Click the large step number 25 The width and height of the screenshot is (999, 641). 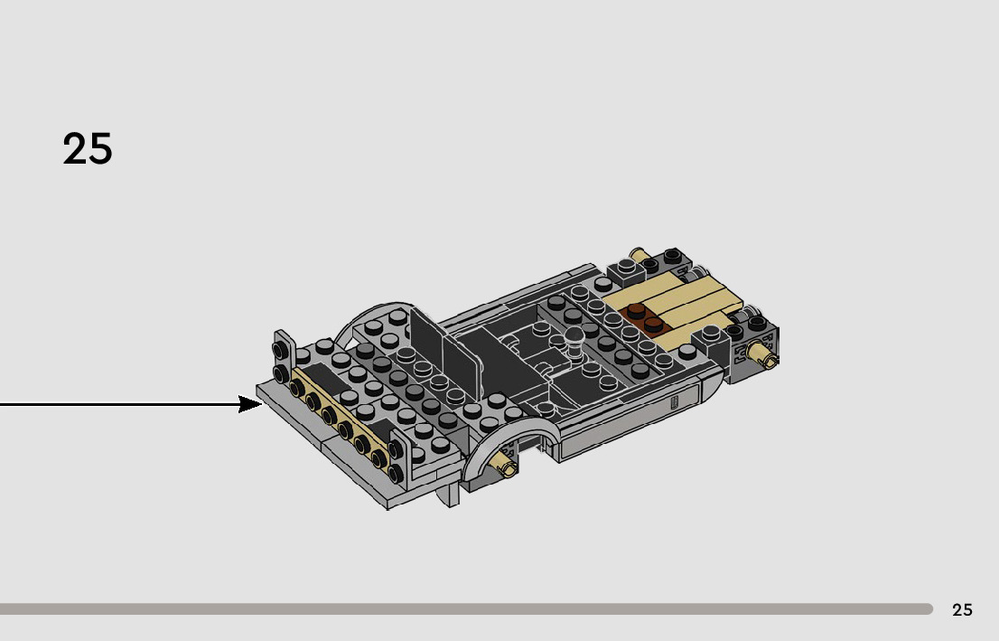point(88,149)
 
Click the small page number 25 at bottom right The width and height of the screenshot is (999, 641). point(962,610)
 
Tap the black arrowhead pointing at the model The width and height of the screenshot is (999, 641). point(251,404)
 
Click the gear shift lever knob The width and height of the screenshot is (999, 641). point(574,336)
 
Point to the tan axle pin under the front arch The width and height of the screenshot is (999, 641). point(506,467)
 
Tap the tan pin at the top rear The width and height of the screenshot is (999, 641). point(639,257)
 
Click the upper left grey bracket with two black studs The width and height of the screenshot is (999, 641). point(282,357)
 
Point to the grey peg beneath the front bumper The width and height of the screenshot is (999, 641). point(451,495)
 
